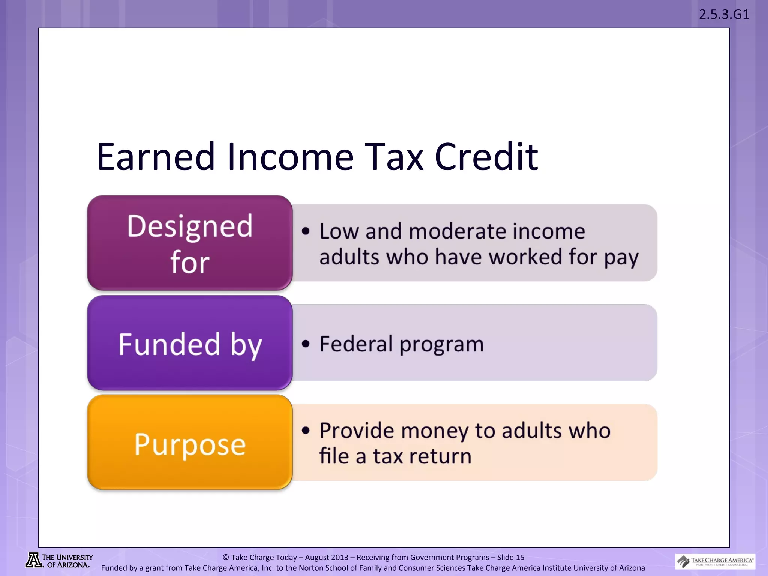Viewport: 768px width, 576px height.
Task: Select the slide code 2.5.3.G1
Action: [x=724, y=14]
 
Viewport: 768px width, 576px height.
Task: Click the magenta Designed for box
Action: [x=190, y=243]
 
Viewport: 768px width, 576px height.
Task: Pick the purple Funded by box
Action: [x=190, y=343]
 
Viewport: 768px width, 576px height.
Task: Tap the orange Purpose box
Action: [x=190, y=442]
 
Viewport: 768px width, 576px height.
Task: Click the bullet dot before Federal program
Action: [x=306, y=343]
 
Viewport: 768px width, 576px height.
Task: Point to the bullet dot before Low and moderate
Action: [x=306, y=231]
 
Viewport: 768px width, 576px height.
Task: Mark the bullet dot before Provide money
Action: [x=306, y=430]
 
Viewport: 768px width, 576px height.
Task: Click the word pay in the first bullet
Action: [x=621, y=258]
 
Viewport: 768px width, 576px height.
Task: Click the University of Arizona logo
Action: [x=59, y=561]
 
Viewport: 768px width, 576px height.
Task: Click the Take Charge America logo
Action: [x=715, y=561]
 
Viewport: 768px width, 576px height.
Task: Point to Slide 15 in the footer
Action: [x=510, y=557]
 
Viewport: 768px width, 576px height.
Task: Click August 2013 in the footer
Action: [x=327, y=557]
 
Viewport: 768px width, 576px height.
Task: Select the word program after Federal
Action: [x=441, y=344]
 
